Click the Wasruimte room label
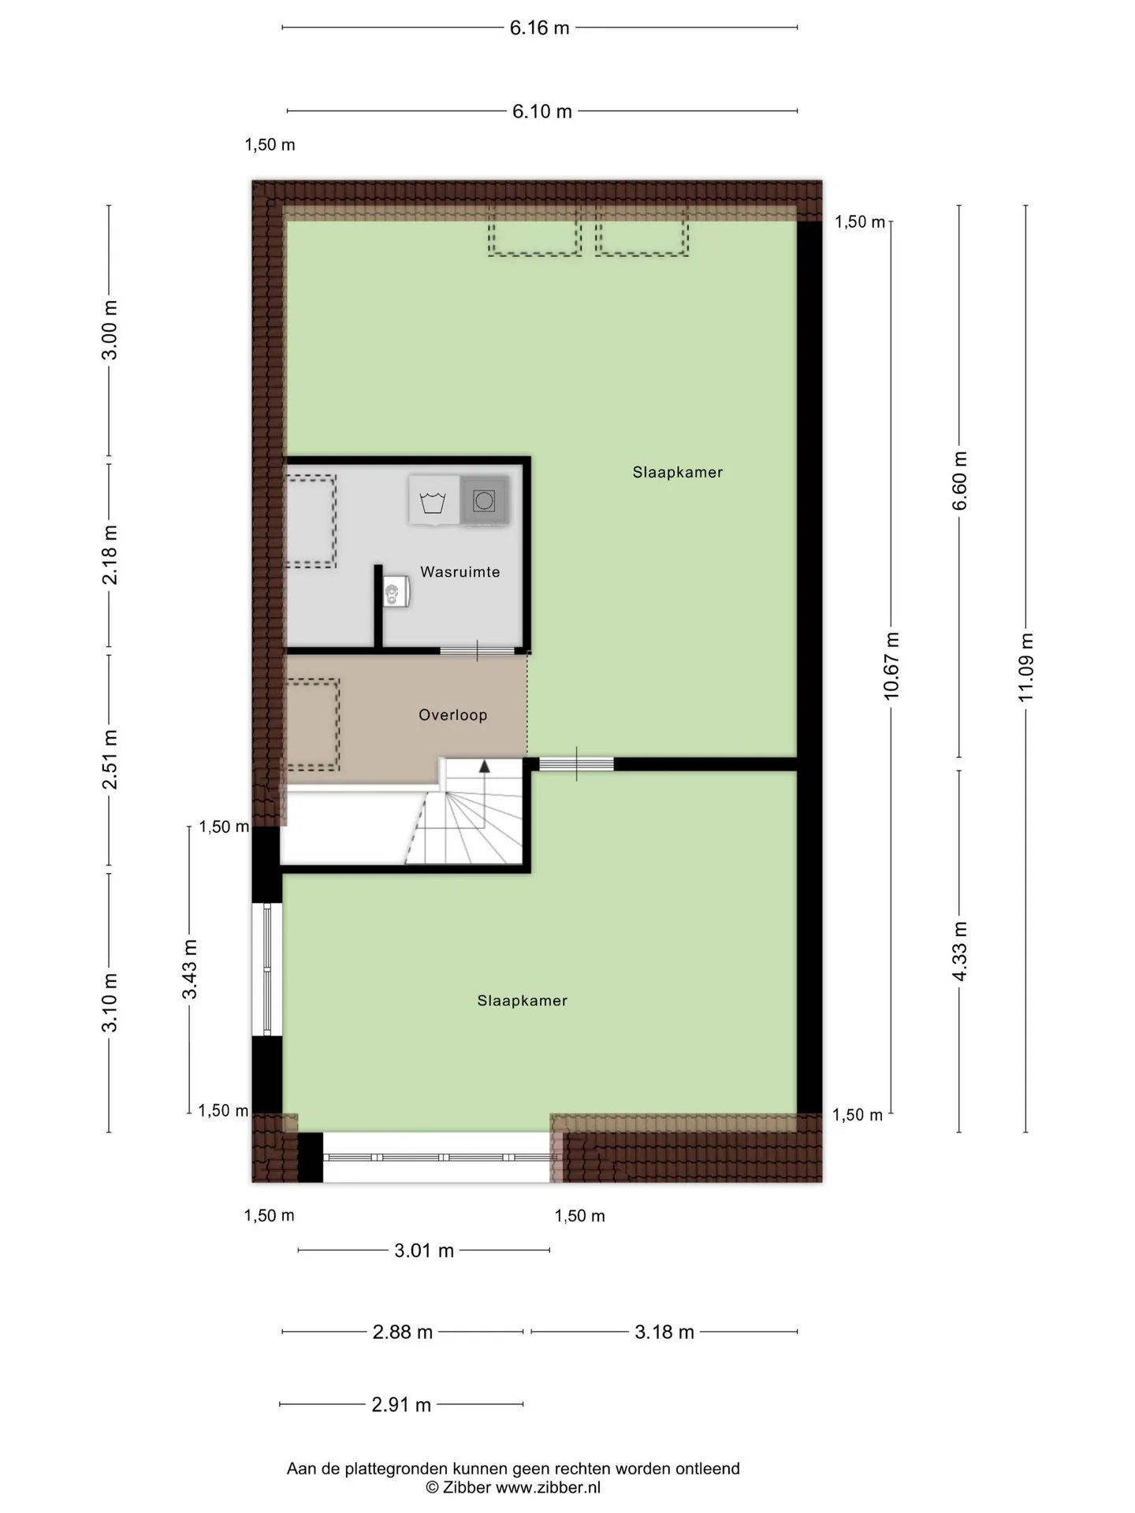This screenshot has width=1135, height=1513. pyautogui.click(x=460, y=572)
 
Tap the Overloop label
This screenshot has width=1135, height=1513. pyautogui.click(x=452, y=715)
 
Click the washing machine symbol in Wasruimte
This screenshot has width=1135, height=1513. pyautogui.click(x=433, y=500)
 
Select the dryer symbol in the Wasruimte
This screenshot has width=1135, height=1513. pyautogui.click(x=484, y=500)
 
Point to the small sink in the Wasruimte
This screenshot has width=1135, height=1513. pyautogui.click(x=396, y=591)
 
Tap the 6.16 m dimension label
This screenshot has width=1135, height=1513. pyautogui.click(x=539, y=28)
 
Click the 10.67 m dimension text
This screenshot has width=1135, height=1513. pyautogui.click(x=891, y=666)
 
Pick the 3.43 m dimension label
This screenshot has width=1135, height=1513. pyautogui.click(x=190, y=969)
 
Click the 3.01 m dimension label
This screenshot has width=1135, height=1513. pyautogui.click(x=424, y=1251)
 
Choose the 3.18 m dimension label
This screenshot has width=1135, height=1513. pyautogui.click(x=664, y=1332)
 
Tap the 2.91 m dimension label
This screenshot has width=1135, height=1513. pyautogui.click(x=401, y=1404)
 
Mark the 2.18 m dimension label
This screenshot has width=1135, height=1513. pyautogui.click(x=110, y=555)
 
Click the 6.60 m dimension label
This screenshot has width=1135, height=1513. pyautogui.click(x=959, y=481)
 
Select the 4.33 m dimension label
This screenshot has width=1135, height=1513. pyautogui.click(x=959, y=951)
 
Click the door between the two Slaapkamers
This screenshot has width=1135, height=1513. pyautogui.click(x=576, y=764)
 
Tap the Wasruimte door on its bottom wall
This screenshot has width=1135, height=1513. pyautogui.click(x=477, y=651)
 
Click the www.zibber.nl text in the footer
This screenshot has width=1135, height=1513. pyautogui.click(x=548, y=1488)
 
